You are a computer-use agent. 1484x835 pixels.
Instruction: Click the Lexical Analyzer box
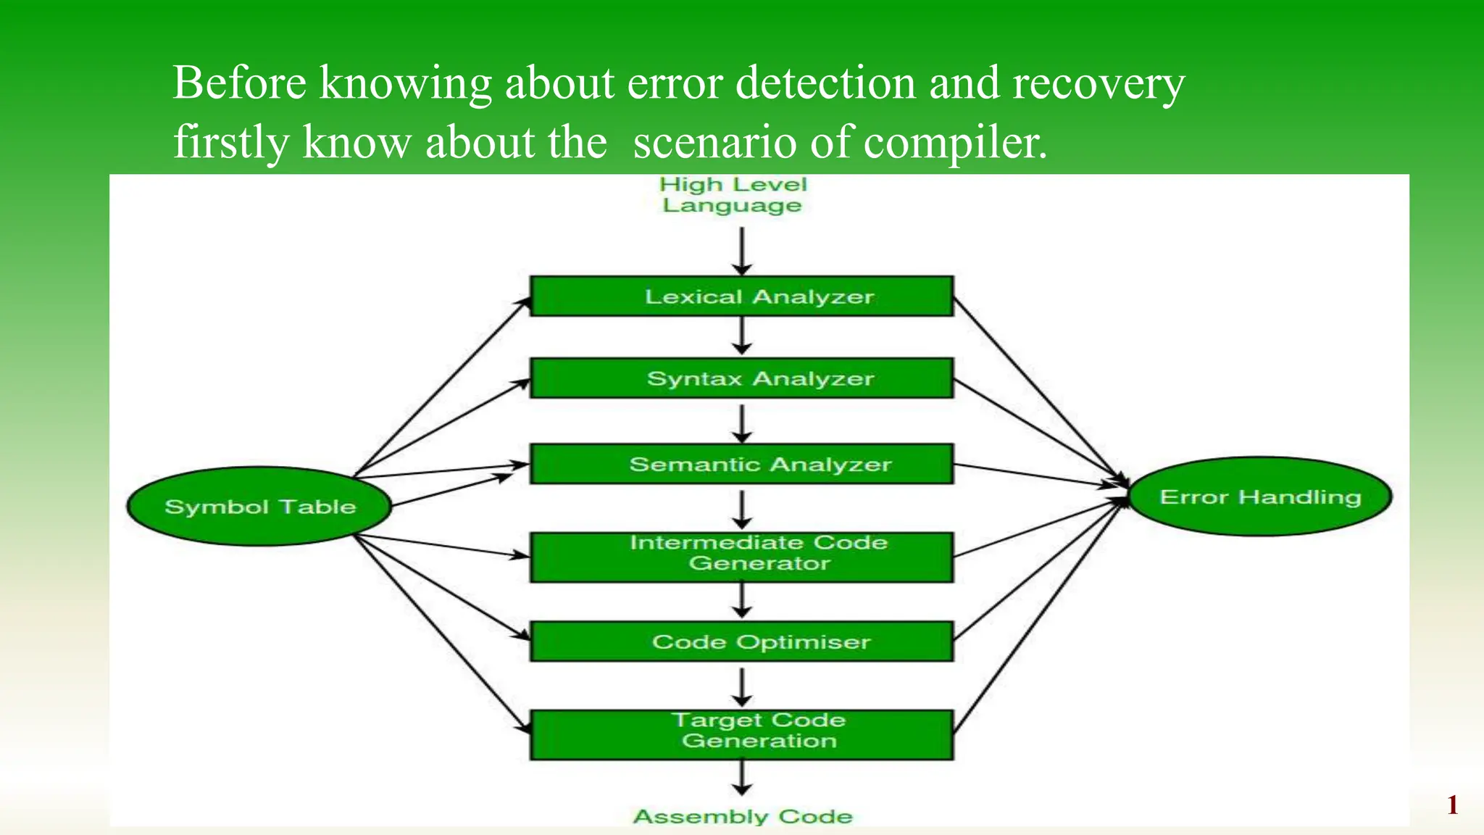(741, 296)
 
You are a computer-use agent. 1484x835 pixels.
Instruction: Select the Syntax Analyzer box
(741, 378)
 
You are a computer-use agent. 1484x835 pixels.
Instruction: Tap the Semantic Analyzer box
(741, 463)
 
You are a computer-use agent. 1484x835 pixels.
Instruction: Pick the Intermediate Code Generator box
(741, 557)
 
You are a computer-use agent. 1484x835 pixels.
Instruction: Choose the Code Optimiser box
(741, 641)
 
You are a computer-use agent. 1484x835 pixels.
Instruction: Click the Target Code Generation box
(741, 734)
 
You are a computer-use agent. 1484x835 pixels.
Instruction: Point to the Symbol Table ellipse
(259, 506)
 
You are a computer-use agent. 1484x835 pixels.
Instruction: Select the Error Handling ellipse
(1260, 497)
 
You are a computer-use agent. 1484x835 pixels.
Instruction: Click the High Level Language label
(733, 194)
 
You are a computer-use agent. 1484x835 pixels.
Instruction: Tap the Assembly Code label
(743, 816)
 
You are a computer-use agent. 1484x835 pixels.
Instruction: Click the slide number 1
(1452, 805)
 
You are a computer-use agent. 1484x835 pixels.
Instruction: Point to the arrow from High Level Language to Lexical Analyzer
(741, 251)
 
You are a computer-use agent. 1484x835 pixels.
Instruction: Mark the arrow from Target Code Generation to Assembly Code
(741, 778)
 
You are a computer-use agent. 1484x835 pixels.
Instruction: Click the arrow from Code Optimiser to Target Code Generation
(741, 686)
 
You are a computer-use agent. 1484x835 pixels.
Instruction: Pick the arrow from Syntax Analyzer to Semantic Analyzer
(741, 423)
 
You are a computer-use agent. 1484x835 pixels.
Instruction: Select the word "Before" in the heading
(240, 82)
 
